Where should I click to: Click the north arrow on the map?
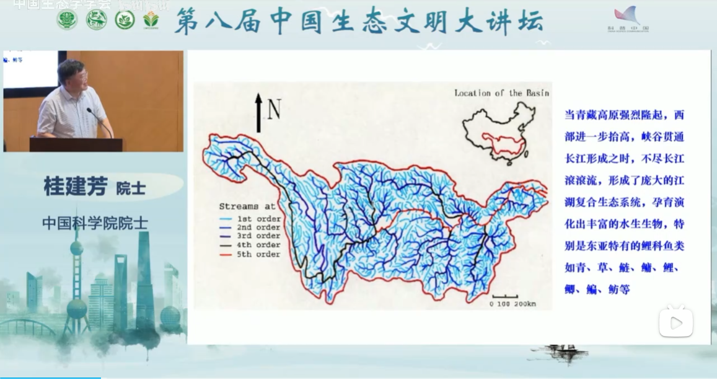coord(258,112)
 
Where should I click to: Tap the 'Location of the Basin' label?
coord(501,93)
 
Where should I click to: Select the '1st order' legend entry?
coord(250,219)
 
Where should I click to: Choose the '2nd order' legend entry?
coord(250,228)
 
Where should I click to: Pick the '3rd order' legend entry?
coord(250,236)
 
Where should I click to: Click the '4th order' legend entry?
coord(250,245)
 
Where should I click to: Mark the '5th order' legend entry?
coord(250,254)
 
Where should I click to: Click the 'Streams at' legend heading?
coord(247,206)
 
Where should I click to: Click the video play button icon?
coord(676,322)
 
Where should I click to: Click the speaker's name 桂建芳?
coord(76,186)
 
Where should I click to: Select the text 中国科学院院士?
coord(95,223)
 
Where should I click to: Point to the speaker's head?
coord(73,73)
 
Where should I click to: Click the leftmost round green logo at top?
coord(67,20)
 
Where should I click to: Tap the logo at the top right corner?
coord(628,19)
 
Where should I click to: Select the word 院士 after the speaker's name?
coord(131,188)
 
